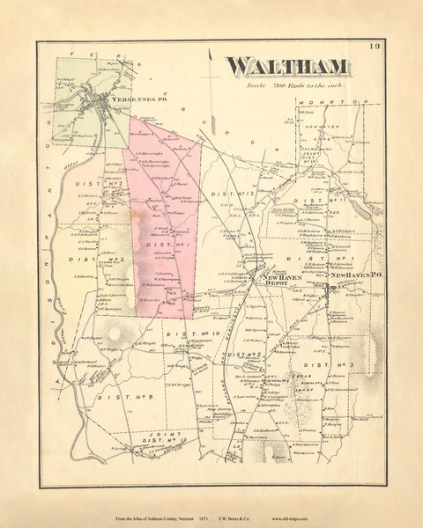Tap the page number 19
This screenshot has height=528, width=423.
tap(374, 46)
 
